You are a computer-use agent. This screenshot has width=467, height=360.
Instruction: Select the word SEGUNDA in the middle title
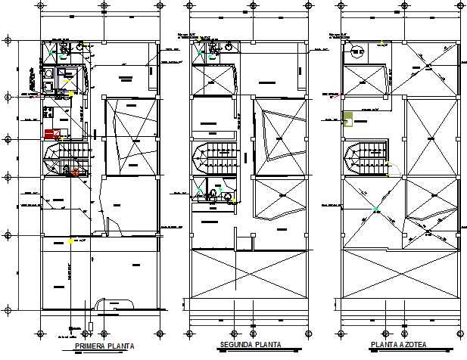(236, 345)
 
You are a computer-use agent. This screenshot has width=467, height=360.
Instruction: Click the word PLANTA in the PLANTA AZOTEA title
(384, 345)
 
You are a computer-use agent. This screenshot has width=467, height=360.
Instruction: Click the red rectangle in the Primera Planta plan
(52, 134)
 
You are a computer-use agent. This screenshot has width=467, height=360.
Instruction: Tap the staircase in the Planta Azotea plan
(366, 160)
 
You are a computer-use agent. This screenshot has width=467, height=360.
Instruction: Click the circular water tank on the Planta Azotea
(356, 51)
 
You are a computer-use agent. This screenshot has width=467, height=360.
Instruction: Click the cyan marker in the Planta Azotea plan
(375, 209)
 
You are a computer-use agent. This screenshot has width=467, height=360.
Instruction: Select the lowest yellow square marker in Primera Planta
(71, 241)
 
